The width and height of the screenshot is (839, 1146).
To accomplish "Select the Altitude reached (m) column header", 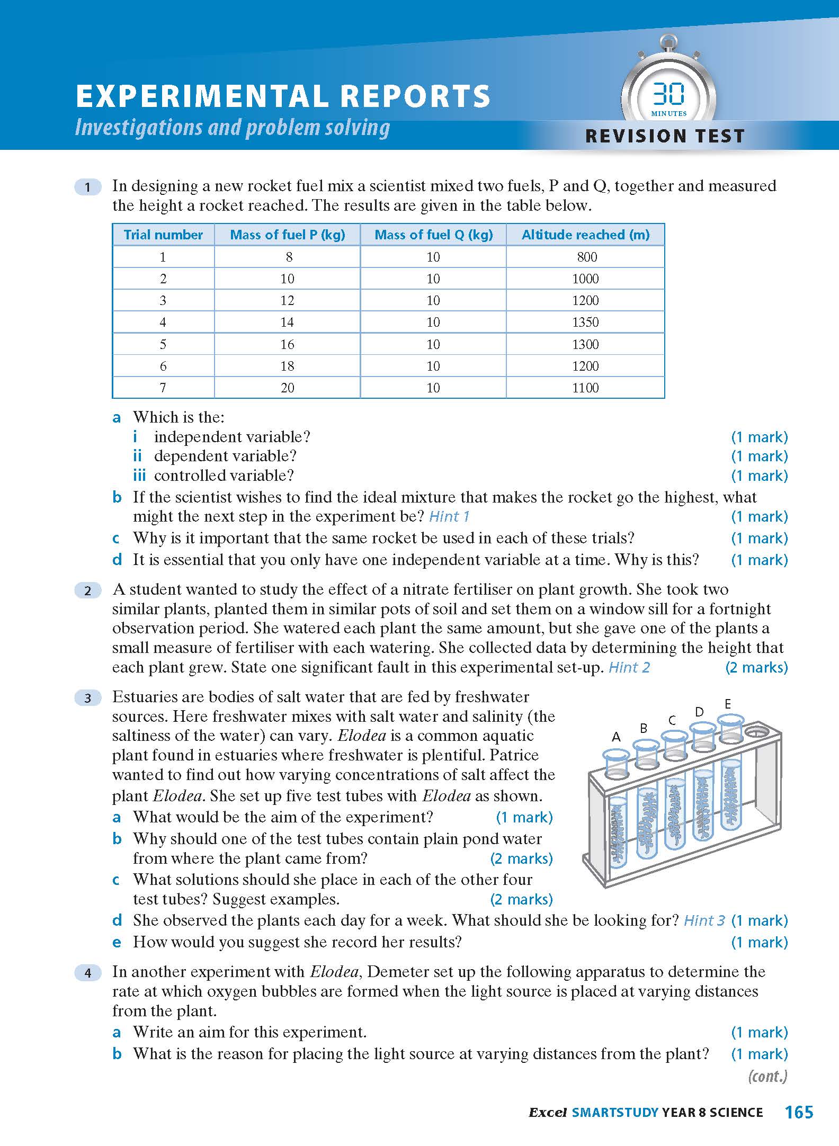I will pyautogui.click(x=585, y=235).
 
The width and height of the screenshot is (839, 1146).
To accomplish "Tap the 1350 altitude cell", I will pyautogui.click(x=585, y=322).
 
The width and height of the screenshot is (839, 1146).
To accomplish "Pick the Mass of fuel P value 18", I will pyautogui.click(x=287, y=366).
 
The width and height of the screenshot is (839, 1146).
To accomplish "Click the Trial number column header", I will pyautogui.click(x=163, y=235).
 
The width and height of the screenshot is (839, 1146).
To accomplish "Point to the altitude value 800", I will pyautogui.click(x=587, y=257).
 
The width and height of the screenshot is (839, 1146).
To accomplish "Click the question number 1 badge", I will pyautogui.click(x=88, y=187).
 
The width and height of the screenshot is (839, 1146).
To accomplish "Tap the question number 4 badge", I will pyautogui.click(x=88, y=973).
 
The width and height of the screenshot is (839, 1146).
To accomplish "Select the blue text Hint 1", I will pyautogui.click(x=449, y=516).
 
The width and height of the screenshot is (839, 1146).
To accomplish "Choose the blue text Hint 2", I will pyautogui.click(x=629, y=667).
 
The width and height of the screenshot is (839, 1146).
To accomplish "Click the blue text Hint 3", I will pyautogui.click(x=704, y=920).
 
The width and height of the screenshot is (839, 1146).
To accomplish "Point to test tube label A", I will pyautogui.click(x=616, y=737).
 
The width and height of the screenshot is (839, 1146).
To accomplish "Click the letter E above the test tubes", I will pyautogui.click(x=728, y=704).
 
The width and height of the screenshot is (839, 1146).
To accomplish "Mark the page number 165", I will pyautogui.click(x=799, y=1112).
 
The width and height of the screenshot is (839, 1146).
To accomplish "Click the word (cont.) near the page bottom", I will pyautogui.click(x=767, y=1076).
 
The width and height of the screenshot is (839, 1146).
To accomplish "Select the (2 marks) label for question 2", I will pyautogui.click(x=756, y=667).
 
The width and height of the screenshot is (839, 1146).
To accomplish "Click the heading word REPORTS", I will pyautogui.click(x=415, y=96).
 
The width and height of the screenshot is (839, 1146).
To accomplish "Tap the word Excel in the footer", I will pyautogui.click(x=548, y=1113).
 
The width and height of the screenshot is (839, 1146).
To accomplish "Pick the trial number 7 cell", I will pyautogui.click(x=163, y=388).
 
